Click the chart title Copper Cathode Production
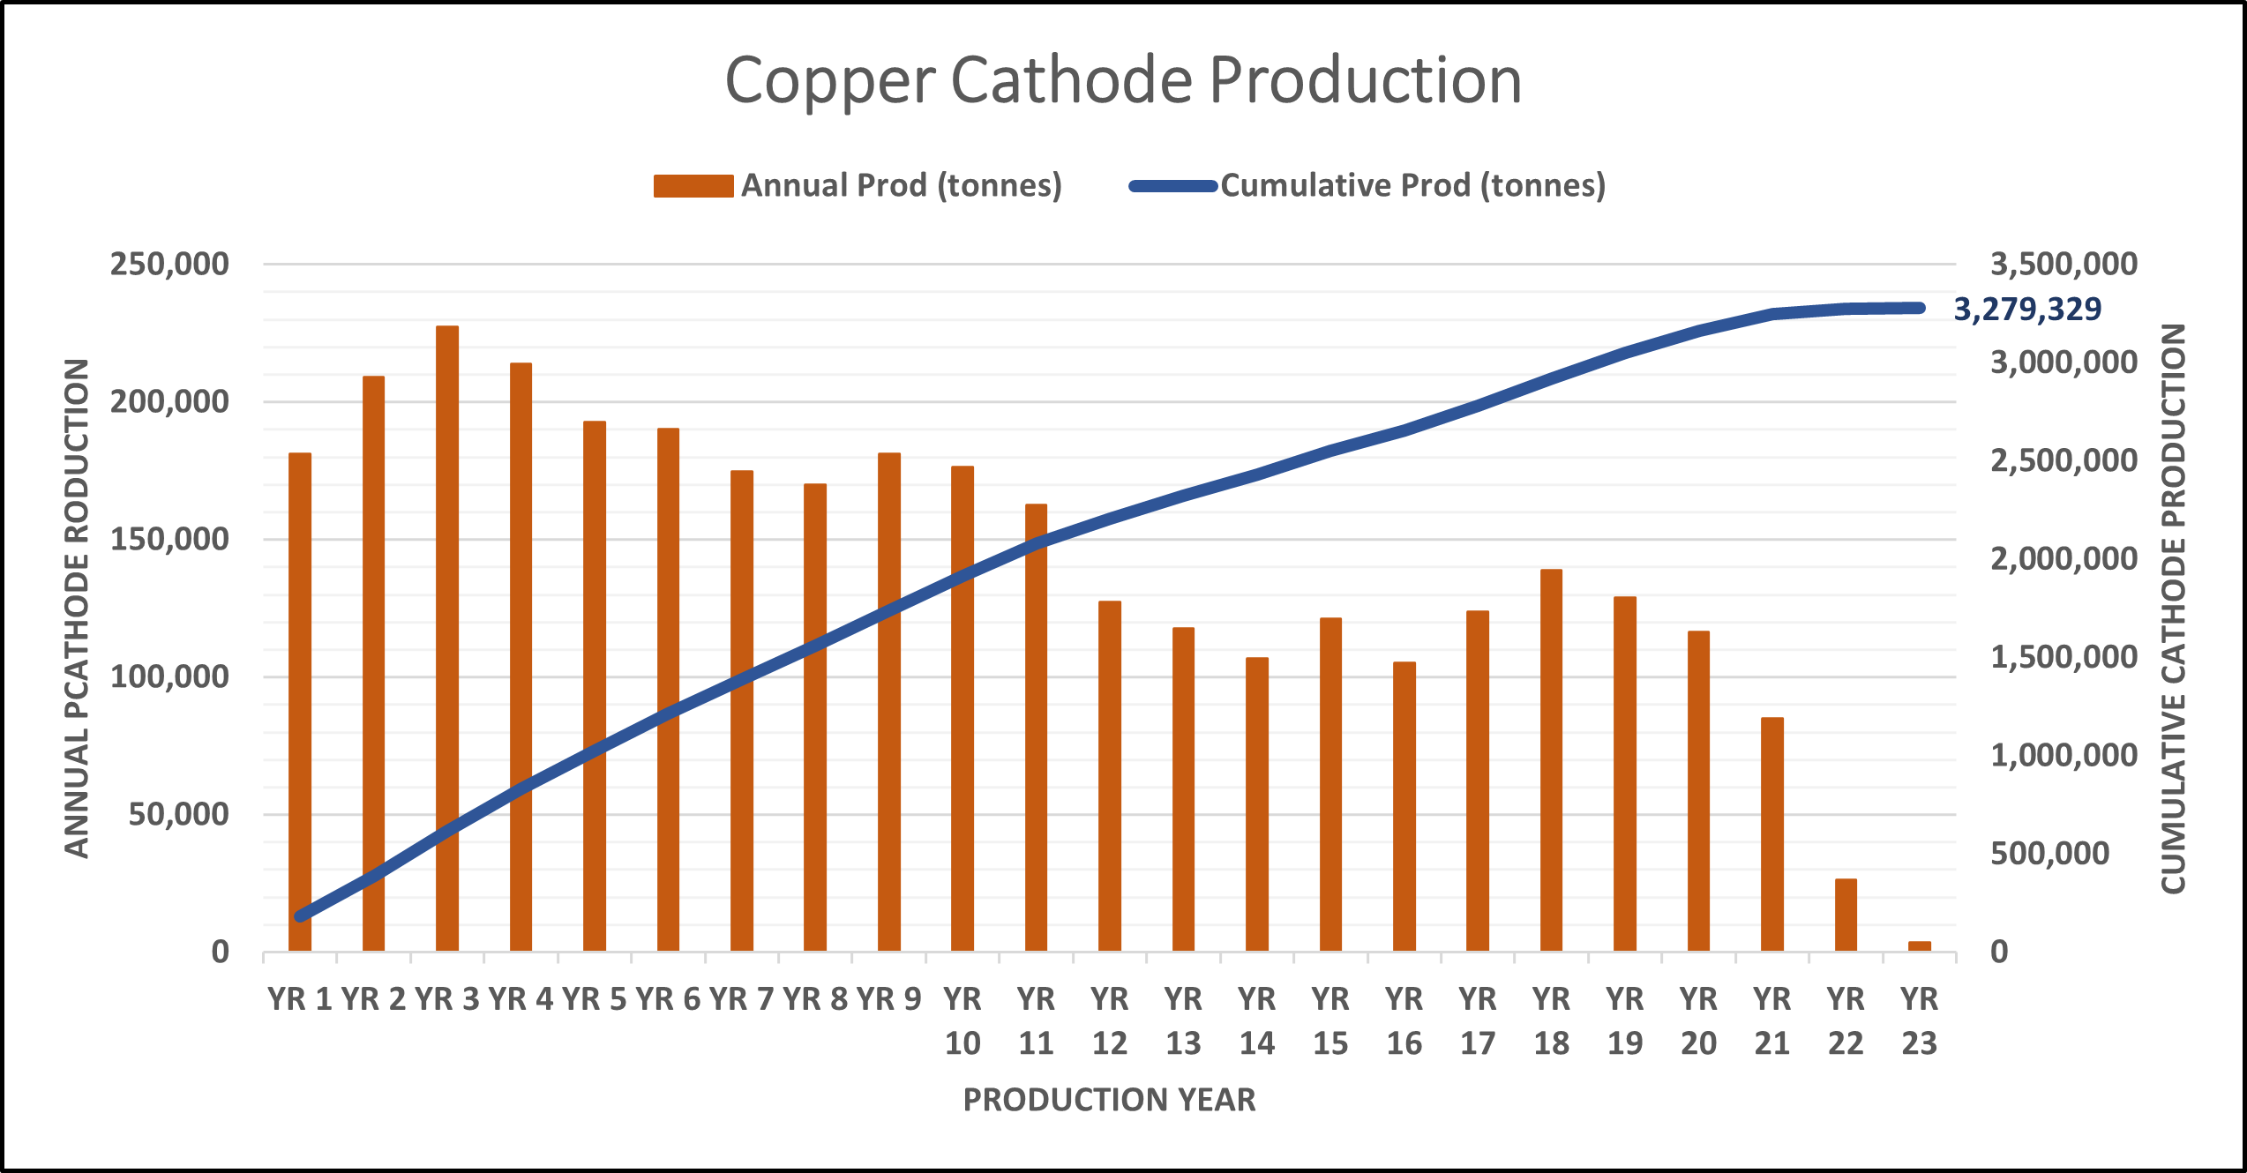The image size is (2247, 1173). [1123, 80]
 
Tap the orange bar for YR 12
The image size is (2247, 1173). [1110, 776]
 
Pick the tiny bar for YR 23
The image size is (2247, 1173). [1919, 945]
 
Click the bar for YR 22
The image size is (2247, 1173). [1846, 915]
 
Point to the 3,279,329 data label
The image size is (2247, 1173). [2027, 310]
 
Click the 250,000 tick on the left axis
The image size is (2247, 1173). [169, 264]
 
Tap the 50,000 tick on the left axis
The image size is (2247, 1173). [178, 814]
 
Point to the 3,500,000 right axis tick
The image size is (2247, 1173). [2063, 264]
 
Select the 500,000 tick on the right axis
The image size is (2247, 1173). [2049, 853]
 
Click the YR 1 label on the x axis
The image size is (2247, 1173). [300, 999]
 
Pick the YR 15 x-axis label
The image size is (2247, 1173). [1330, 1021]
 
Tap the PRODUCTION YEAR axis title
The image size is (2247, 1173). [1109, 1100]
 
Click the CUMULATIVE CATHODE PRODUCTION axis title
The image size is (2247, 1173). [2173, 609]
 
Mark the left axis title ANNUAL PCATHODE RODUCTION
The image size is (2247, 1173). [78, 609]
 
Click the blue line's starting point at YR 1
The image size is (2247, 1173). [301, 916]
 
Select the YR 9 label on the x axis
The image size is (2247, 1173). [888, 999]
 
